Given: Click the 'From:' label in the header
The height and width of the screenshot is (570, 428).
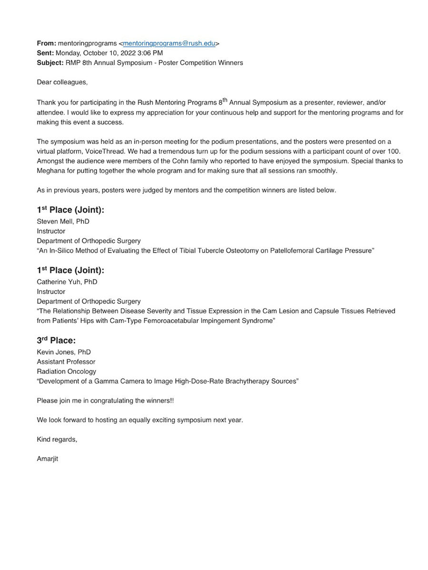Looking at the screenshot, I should (47, 43).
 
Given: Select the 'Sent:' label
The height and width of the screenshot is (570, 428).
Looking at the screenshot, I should (46, 53).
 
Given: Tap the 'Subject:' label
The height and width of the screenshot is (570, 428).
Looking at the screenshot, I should (50, 63).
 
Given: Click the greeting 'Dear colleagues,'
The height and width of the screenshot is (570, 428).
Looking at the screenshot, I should (62, 82).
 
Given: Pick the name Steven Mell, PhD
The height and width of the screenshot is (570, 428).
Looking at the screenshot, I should (63, 221).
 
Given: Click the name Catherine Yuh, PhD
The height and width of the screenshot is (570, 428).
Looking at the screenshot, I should (67, 282).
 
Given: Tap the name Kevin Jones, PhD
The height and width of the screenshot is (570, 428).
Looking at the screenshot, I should (64, 352).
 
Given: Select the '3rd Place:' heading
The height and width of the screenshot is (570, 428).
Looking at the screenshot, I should (56, 340).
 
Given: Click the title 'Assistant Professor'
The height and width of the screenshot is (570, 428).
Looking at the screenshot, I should (67, 361).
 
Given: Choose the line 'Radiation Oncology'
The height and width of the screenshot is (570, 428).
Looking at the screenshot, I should (67, 371).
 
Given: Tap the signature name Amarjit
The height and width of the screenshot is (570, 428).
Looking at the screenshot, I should (48, 459).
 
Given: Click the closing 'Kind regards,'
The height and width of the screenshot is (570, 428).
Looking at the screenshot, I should (57, 439).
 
